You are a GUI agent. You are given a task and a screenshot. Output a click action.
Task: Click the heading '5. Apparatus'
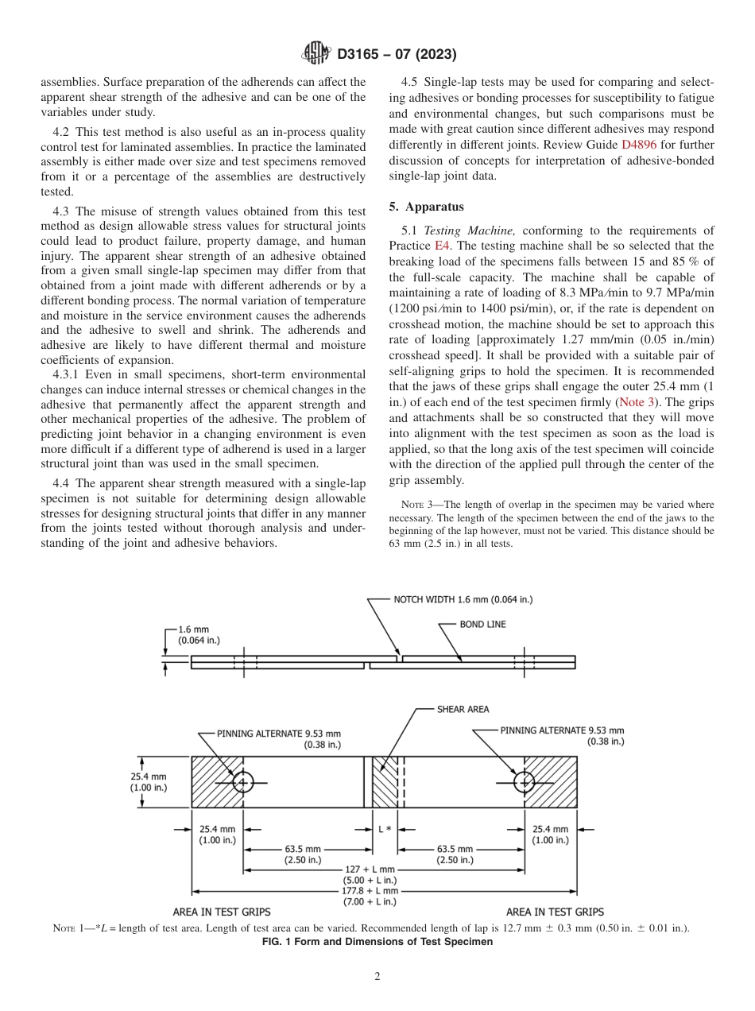point(427,207)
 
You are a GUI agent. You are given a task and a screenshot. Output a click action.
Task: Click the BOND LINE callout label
point(482,625)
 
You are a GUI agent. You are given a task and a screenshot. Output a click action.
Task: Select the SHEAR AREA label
point(463,709)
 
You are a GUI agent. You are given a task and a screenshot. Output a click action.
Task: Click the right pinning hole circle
point(524,782)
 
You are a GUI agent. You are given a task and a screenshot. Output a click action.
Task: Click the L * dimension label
point(384,829)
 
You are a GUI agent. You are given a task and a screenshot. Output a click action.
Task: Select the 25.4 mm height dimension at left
point(149,782)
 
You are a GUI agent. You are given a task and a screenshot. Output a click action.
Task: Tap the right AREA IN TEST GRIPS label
point(554,912)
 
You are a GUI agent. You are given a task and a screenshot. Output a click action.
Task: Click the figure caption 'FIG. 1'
point(377,942)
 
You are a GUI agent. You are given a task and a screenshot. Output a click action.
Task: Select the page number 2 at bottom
point(377,977)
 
